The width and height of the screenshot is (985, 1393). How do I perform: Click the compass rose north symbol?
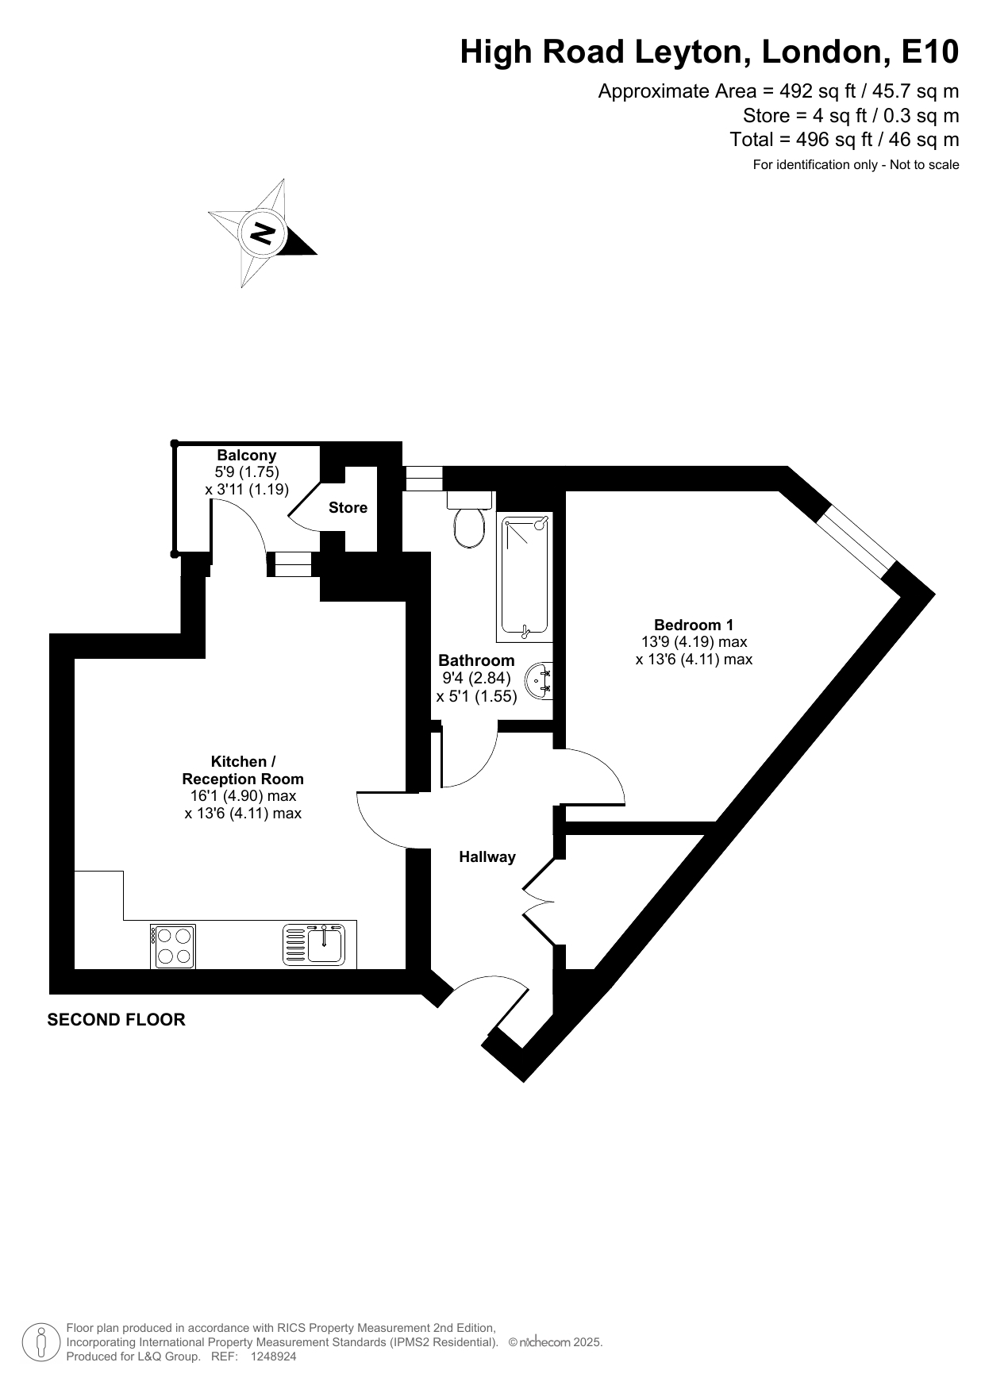tap(263, 233)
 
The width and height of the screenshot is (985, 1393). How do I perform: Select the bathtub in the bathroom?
tap(525, 577)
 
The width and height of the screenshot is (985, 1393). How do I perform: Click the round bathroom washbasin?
tap(540, 680)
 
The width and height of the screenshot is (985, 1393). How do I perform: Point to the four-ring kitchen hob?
tap(173, 946)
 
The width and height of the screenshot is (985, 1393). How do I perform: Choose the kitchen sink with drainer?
tap(314, 945)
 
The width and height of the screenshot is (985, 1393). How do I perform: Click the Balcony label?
tap(247, 455)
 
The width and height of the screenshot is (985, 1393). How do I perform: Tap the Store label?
tap(348, 508)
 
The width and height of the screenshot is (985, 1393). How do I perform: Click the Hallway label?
tap(487, 857)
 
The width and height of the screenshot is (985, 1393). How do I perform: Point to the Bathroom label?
tap(476, 660)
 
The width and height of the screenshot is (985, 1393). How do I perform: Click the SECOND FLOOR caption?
tap(117, 1020)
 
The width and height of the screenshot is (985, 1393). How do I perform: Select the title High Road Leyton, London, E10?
tap(710, 52)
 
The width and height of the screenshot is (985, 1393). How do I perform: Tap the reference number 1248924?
tap(273, 1356)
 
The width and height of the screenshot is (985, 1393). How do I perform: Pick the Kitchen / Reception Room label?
tap(243, 770)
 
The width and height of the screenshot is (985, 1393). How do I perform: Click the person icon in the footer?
tap(41, 1342)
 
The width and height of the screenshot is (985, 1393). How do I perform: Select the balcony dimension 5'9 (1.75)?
tap(247, 472)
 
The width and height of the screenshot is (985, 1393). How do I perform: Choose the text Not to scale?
tap(925, 165)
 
